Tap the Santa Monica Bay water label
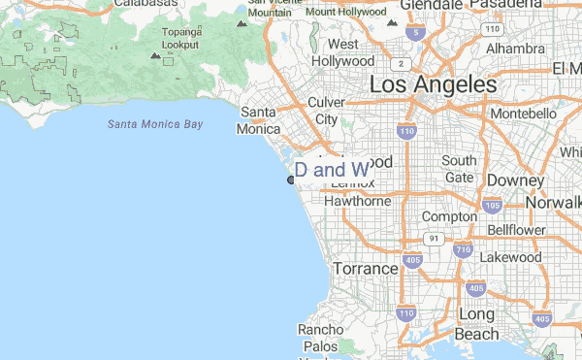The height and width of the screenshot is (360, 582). pos(155,124)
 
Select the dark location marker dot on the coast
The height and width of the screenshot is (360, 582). pos(290,180)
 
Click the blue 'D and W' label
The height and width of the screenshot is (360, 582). pos(331,170)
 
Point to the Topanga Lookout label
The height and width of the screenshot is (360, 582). pos(180,38)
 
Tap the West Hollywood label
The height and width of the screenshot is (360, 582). pos(342,52)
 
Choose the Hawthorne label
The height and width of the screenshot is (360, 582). pos(357,201)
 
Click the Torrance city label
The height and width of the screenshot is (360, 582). pos(365,268)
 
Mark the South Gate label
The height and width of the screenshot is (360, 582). pos(459,169)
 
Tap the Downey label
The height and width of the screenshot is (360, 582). pos(509,180)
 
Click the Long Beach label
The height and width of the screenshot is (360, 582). pos(476,324)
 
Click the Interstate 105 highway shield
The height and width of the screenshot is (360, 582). pos(492,206)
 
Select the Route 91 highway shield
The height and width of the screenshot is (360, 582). pos(434,238)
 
